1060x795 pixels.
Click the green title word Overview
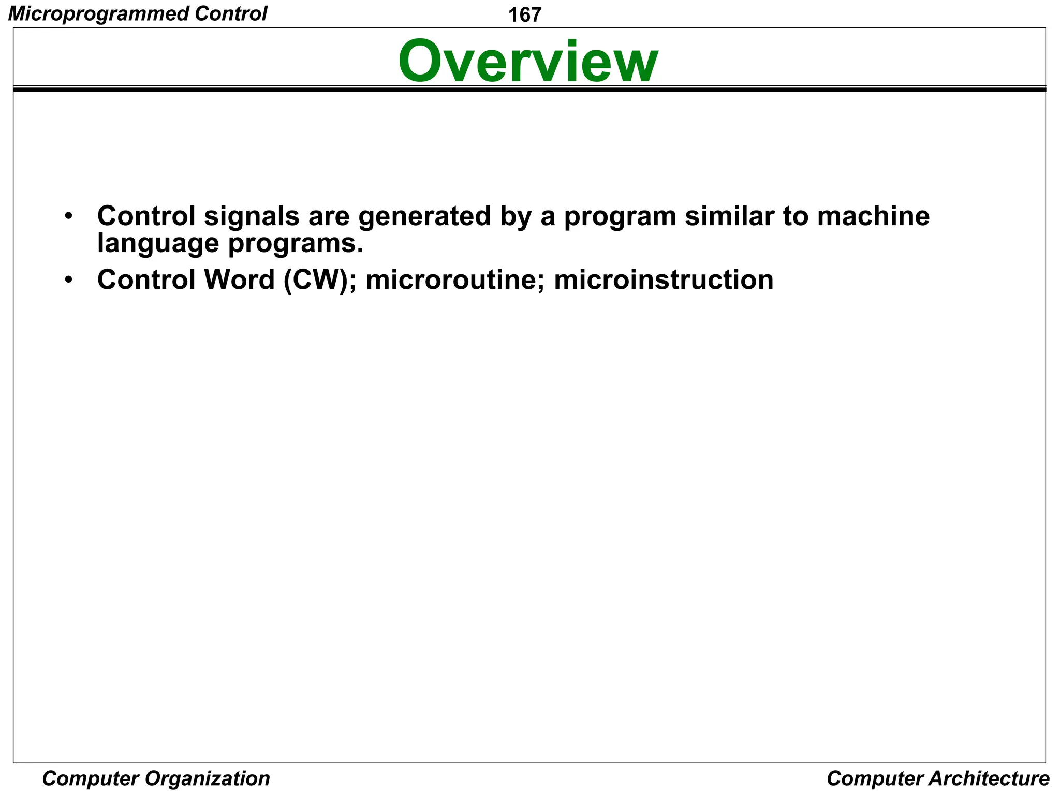[x=528, y=62]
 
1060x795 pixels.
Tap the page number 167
[x=524, y=15]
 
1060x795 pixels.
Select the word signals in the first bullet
[x=252, y=216]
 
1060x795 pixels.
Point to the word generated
[x=424, y=216]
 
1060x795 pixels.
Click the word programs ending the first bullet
[x=296, y=243]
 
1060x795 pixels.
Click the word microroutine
[x=455, y=280]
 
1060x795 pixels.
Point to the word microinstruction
[x=664, y=280]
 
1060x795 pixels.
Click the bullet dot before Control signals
[x=69, y=216]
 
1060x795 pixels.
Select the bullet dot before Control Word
[x=69, y=281]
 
